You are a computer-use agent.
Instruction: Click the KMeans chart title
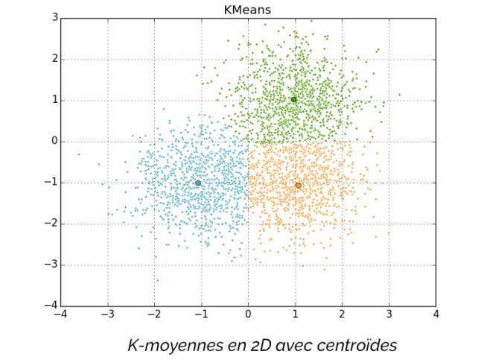click(x=248, y=10)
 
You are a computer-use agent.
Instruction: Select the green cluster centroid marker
click(x=294, y=99)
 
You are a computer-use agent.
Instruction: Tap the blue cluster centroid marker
click(x=198, y=183)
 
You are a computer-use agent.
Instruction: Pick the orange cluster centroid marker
click(x=299, y=185)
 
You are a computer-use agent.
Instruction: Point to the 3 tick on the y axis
click(x=55, y=18)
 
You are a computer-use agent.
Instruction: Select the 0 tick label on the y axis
click(x=55, y=142)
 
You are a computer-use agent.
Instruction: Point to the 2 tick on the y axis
click(x=55, y=59)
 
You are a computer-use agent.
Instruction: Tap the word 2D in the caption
click(x=253, y=346)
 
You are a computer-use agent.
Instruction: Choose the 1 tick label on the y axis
click(x=55, y=101)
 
